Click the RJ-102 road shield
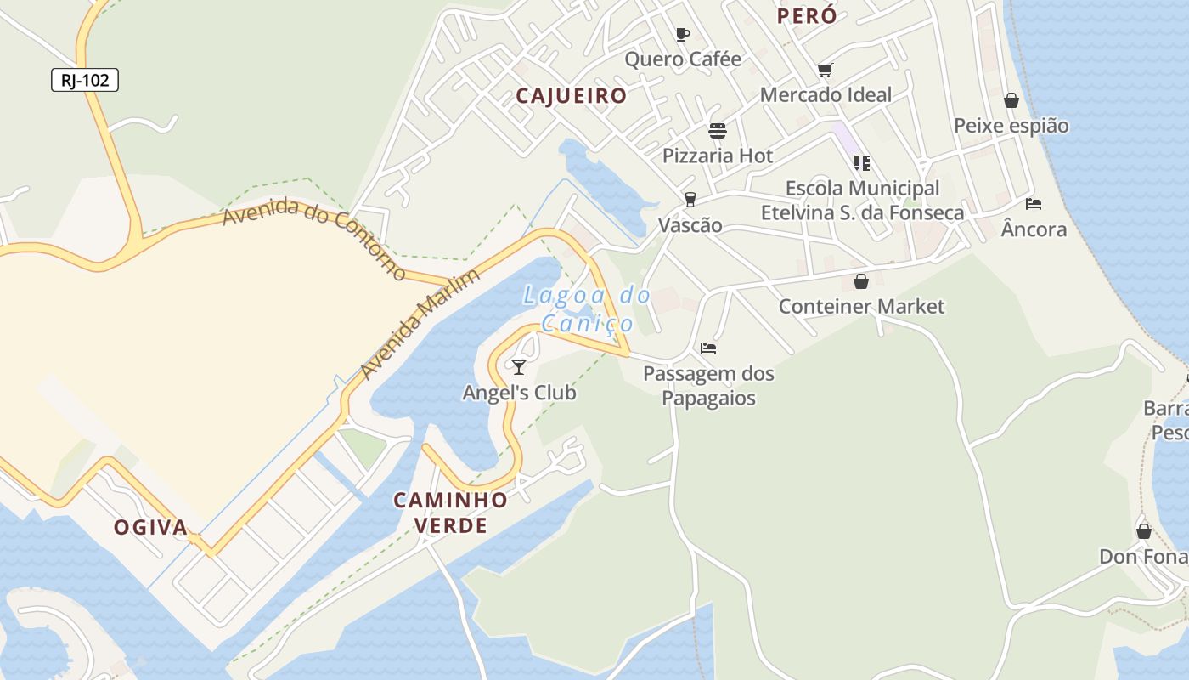pyautogui.click(x=85, y=81)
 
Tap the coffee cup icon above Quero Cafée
pyautogui.click(x=682, y=34)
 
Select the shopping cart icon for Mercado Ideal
pyautogui.click(x=825, y=70)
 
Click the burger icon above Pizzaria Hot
pyautogui.click(x=718, y=131)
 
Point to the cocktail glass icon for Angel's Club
pyautogui.click(x=519, y=366)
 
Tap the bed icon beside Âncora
pyautogui.click(x=1034, y=204)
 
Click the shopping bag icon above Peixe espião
pyautogui.click(x=1011, y=100)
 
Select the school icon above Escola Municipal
pyautogui.click(x=862, y=162)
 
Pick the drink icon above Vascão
pyautogui.click(x=690, y=200)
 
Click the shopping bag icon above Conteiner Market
pyautogui.click(x=861, y=281)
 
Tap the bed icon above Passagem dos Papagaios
pyautogui.click(x=708, y=348)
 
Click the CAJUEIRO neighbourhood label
pyautogui.click(x=572, y=96)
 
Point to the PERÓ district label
pyautogui.click(x=807, y=16)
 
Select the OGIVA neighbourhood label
pyautogui.click(x=151, y=528)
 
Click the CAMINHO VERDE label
pyautogui.click(x=451, y=513)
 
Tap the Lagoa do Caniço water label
pyautogui.click(x=587, y=309)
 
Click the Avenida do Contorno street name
pyautogui.click(x=315, y=237)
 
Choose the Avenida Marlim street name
pyautogui.click(x=420, y=325)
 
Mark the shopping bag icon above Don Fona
pyautogui.click(x=1144, y=531)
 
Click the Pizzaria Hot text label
pyautogui.click(x=718, y=156)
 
